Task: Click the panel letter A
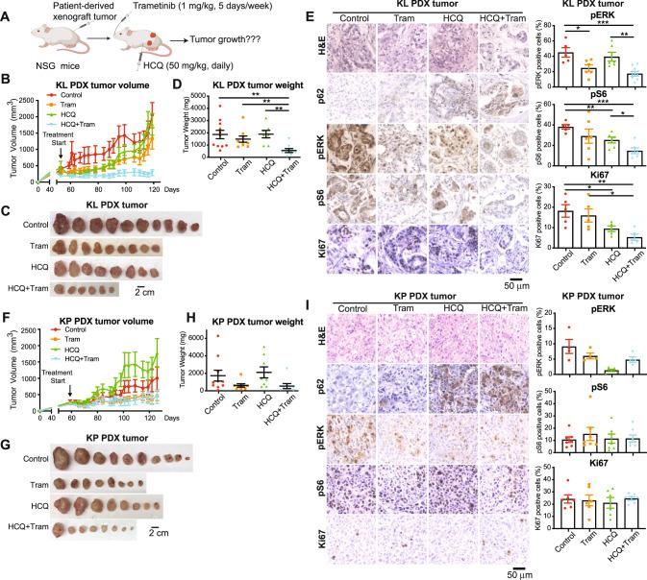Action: pos(8,9)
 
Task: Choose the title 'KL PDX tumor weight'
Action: pos(236,91)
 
